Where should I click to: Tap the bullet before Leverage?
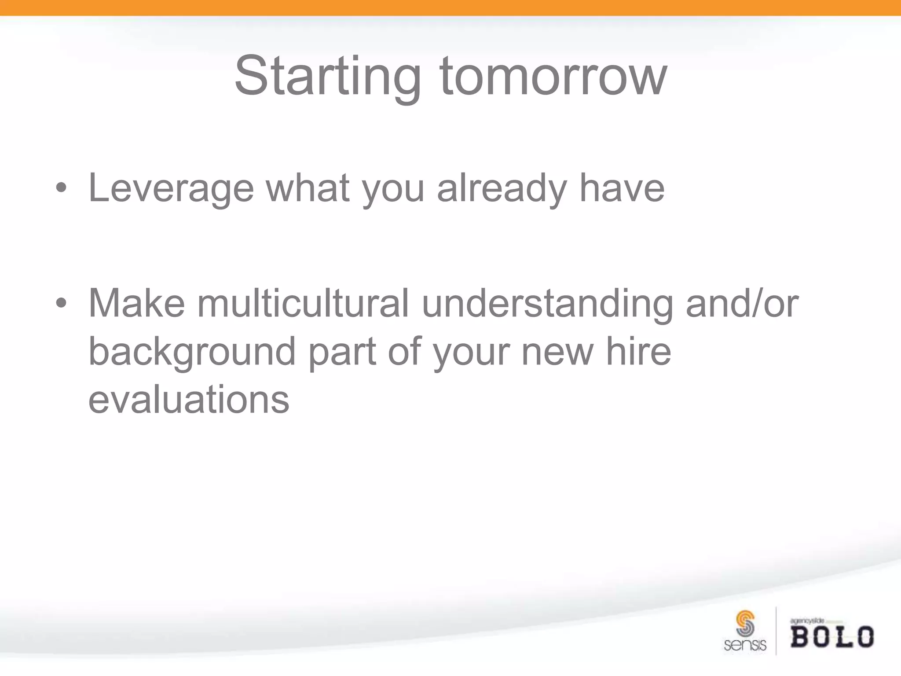(61, 189)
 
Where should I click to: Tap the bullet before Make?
(61, 303)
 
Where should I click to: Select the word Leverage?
(171, 189)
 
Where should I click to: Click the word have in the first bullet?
(622, 188)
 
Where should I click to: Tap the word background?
(192, 352)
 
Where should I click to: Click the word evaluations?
(189, 399)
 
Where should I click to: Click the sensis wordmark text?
(745, 645)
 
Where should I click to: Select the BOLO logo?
(832, 637)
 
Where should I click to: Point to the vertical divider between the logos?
(776, 631)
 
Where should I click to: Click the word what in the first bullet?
(308, 188)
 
